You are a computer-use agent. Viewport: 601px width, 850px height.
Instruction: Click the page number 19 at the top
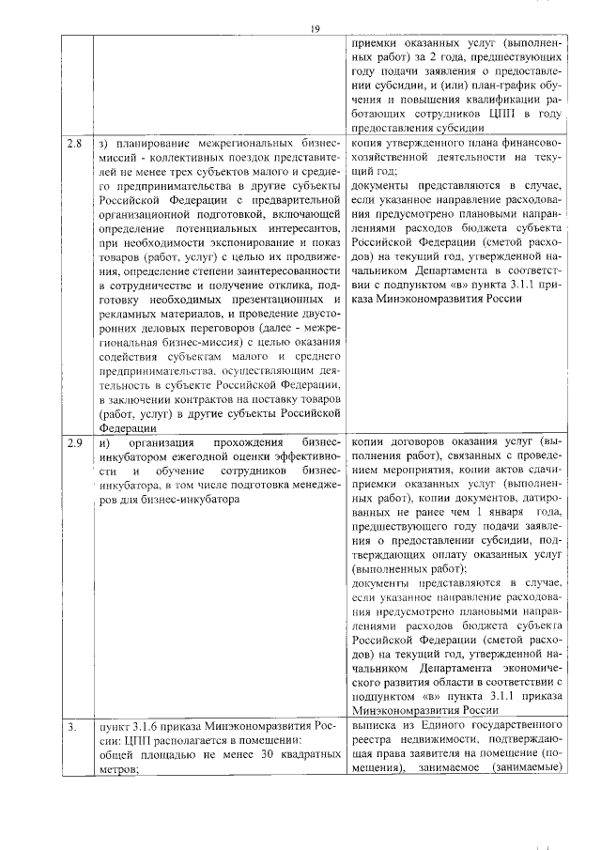click(316, 29)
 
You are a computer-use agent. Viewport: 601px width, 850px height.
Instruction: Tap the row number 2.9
click(74, 441)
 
